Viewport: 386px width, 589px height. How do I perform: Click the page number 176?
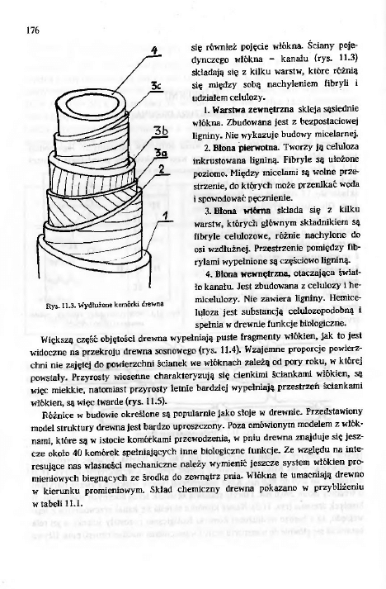[x=33, y=31]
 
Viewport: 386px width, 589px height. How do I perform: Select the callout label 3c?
[x=158, y=85]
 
